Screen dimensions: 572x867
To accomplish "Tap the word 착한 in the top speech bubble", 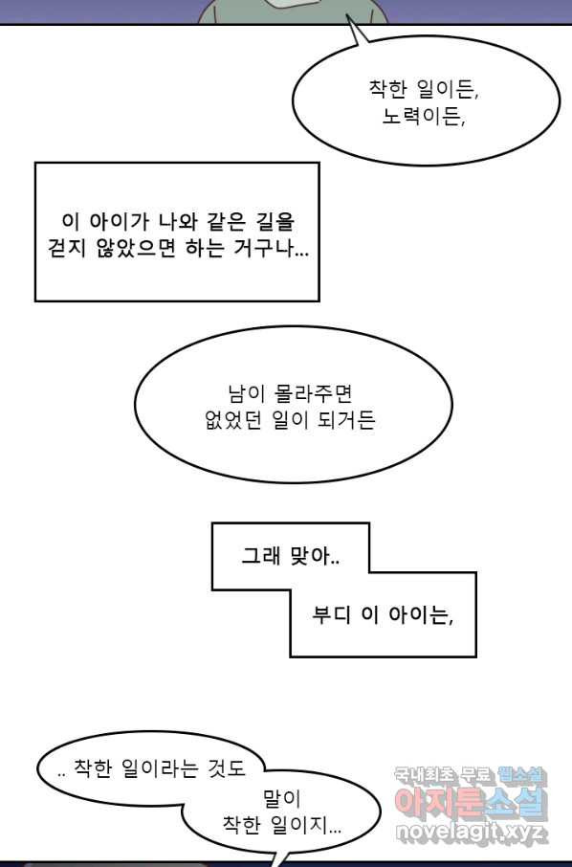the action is click(x=388, y=88).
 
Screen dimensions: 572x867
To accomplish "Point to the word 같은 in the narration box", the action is click(x=226, y=222).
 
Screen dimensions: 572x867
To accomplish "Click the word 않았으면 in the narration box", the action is click(x=136, y=248).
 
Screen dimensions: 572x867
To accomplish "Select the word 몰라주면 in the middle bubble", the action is click(x=313, y=393).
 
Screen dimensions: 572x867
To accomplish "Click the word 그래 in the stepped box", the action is click(x=261, y=555).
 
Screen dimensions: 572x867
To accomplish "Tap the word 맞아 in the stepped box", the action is click(x=315, y=555).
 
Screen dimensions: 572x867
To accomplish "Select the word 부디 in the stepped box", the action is click(x=332, y=615).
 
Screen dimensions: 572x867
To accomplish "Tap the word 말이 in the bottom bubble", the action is click(x=282, y=798).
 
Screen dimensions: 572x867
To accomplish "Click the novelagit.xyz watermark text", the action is click(x=472, y=831).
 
